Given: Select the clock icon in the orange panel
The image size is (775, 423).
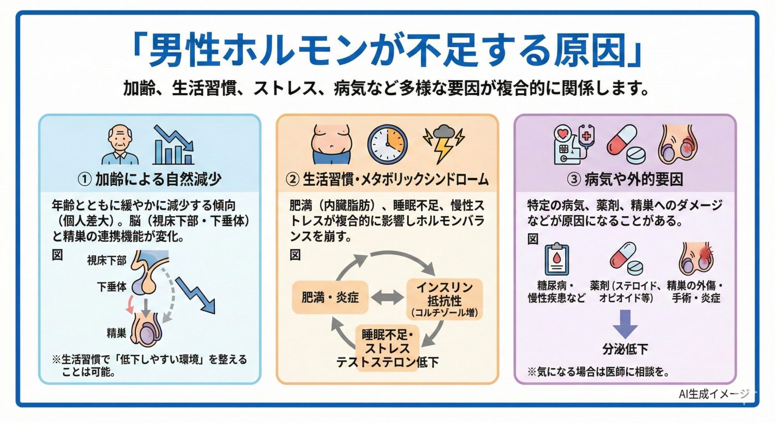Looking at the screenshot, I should (388, 144).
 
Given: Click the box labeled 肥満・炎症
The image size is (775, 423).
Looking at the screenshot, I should (330, 297).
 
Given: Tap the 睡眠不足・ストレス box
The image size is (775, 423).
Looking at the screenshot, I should (387, 341).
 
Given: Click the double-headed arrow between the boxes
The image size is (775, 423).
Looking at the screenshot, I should (388, 297).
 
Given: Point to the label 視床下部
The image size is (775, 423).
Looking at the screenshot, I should (107, 261).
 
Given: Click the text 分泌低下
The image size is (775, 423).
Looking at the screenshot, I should (625, 349).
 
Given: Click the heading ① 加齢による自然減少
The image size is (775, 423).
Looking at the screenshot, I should (149, 179).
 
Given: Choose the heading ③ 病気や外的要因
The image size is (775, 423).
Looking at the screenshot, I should (625, 179).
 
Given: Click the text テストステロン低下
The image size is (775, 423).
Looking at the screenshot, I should (388, 362).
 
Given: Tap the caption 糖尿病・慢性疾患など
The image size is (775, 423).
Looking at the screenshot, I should (556, 292).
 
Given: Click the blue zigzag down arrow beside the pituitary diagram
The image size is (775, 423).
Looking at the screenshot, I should (195, 295).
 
